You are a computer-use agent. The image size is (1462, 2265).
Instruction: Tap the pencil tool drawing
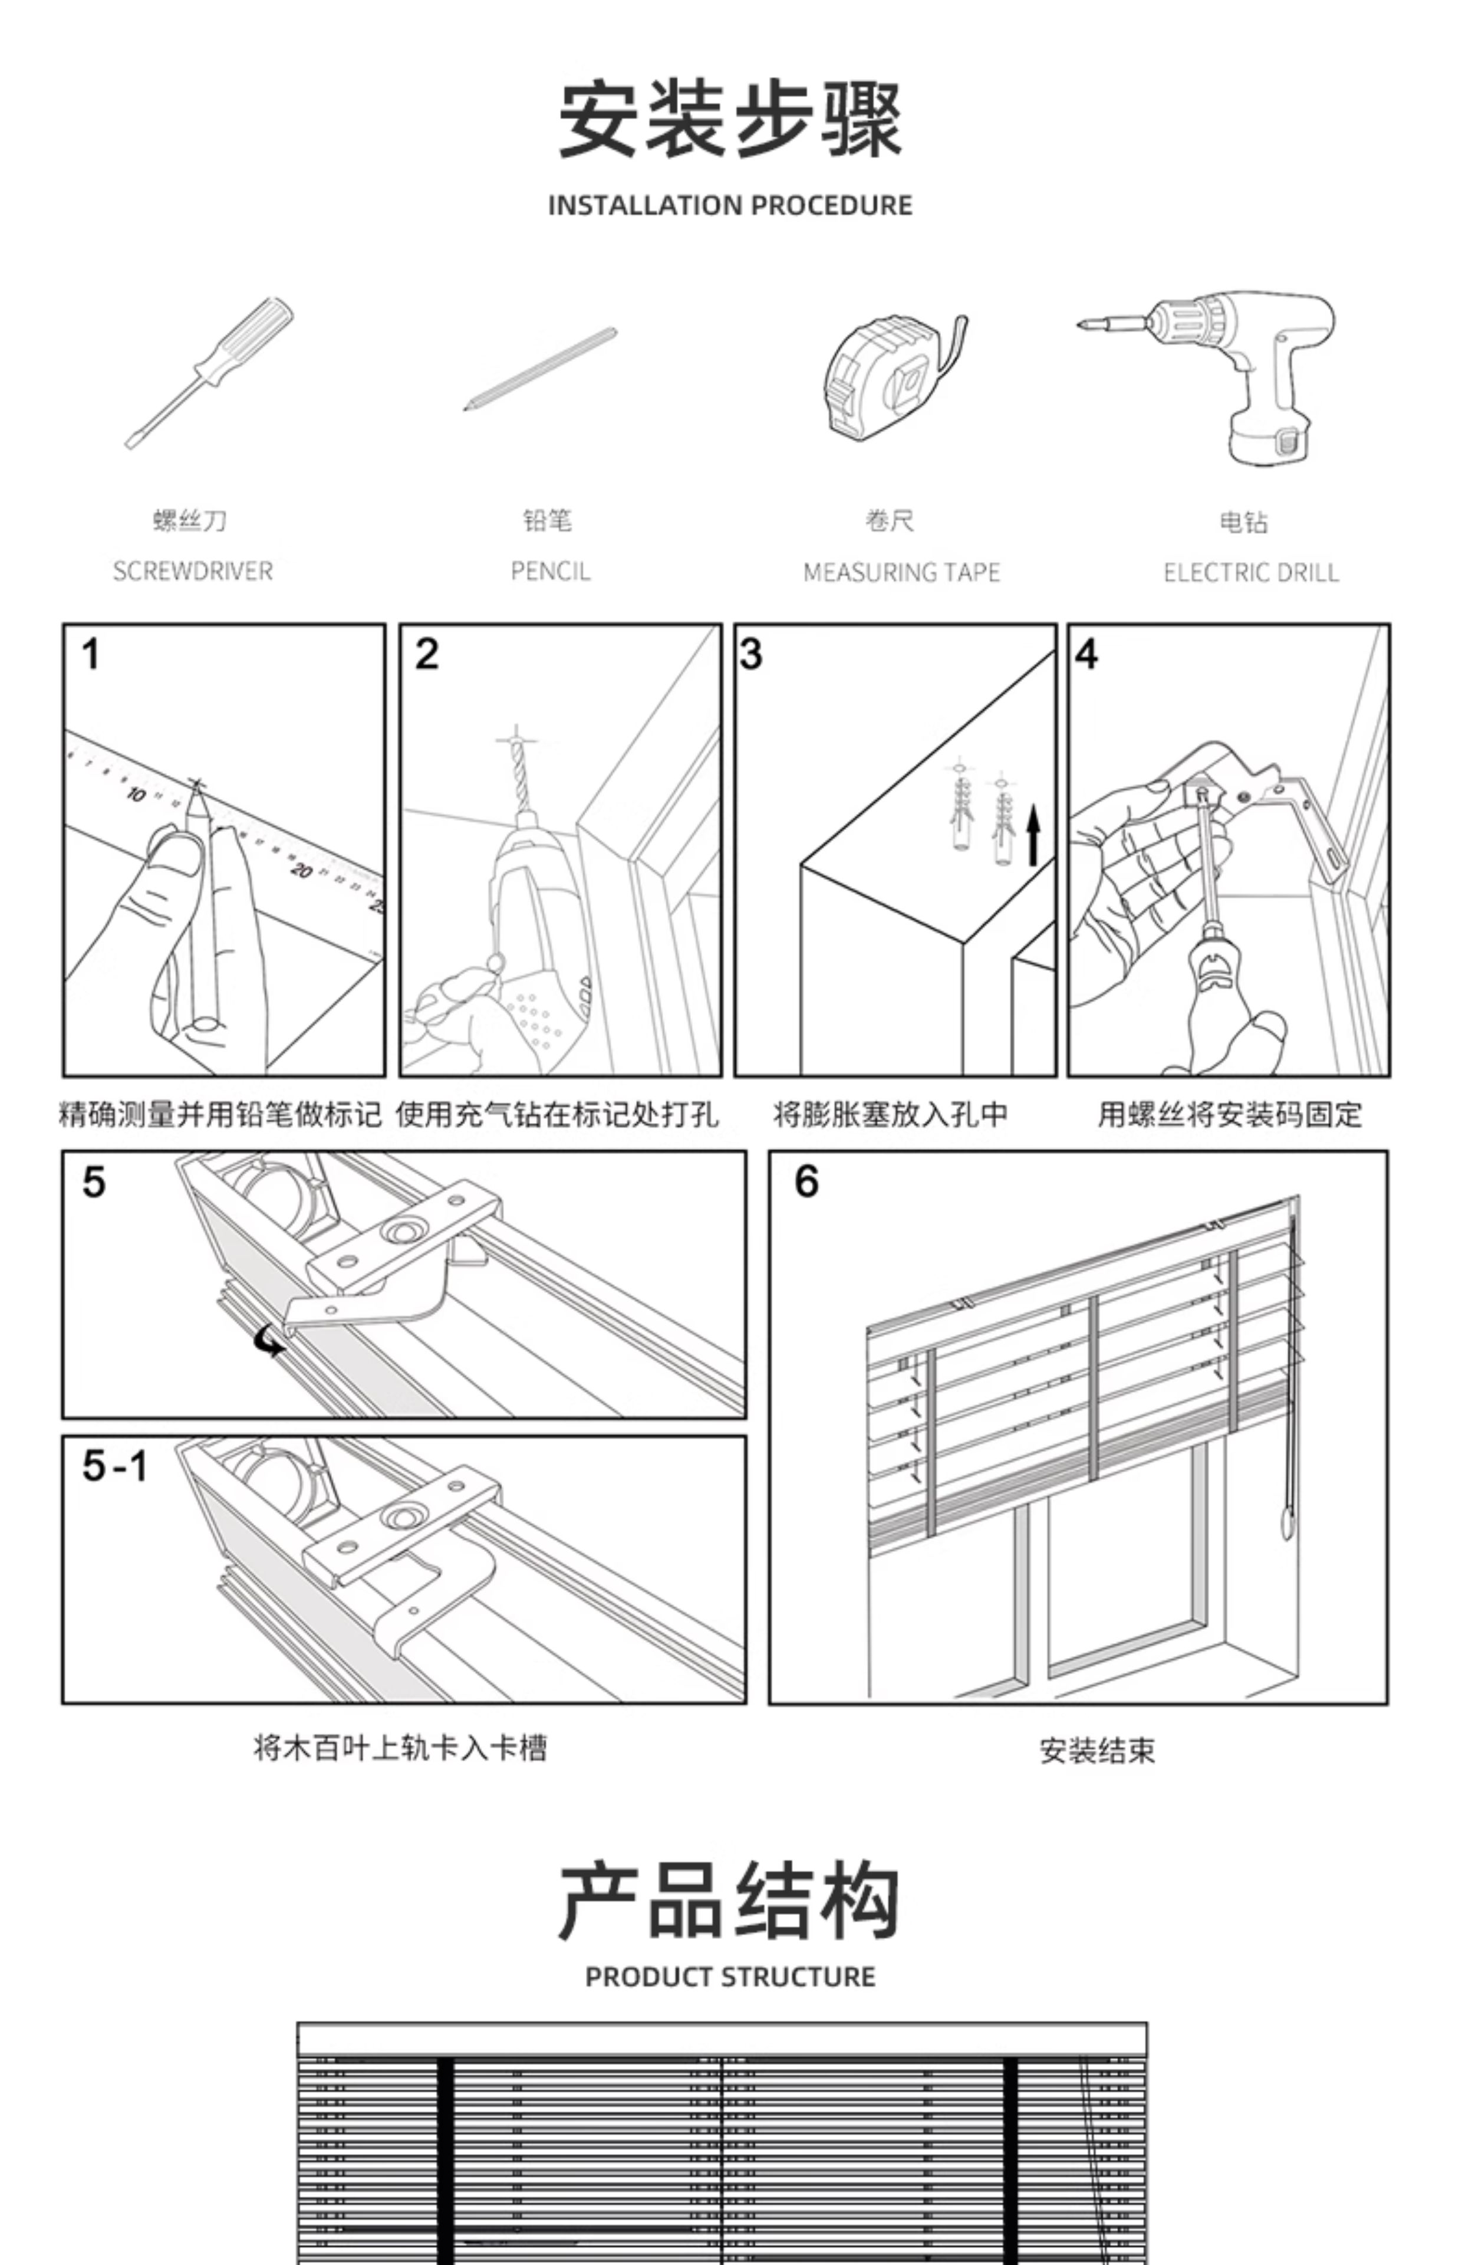[539, 369]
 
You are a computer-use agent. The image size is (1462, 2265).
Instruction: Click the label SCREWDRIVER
[193, 571]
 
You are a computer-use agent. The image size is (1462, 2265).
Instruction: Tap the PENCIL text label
[549, 571]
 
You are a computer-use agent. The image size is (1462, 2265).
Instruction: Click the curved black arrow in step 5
[271, 1341]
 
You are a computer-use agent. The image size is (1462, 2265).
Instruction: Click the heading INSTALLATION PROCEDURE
[730, 205]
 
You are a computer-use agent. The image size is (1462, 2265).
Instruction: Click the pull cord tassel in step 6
[1288, 1525]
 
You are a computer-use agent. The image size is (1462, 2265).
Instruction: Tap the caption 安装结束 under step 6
[1096, 1749]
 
